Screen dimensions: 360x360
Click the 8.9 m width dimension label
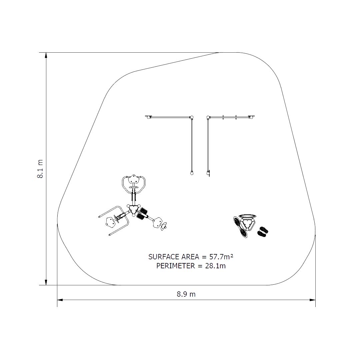(186, 294)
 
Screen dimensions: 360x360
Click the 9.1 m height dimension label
(40, 169)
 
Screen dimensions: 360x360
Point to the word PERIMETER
(176, 266)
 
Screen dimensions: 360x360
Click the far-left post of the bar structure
(149, 117)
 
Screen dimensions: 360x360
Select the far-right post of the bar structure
(251, 117)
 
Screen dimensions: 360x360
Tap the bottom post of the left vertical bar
(192, 173)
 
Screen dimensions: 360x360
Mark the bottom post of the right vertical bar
(208, 173)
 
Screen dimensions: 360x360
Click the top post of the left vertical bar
(192, 117)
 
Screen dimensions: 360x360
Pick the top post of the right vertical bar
(208, 117)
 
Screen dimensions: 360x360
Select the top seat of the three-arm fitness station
(134, 180)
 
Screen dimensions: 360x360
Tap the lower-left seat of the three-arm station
(110, 222)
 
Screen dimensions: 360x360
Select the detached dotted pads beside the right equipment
(263, 231)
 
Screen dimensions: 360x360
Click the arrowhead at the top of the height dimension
(46, 55)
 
